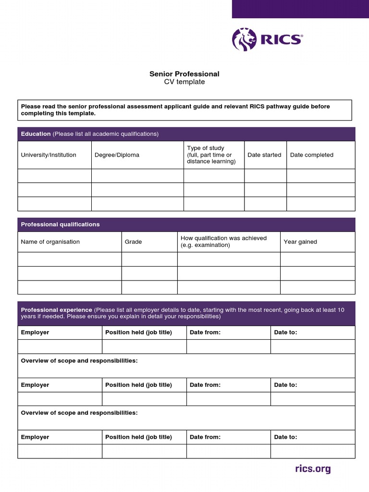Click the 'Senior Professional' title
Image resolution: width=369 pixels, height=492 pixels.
click(x=184, y=74)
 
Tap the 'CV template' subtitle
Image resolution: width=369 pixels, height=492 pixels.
click(x=184, y=82)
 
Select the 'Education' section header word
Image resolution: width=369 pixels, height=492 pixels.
click(x=36, y=134)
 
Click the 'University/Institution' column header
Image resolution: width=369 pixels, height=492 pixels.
click(x=49, y=155)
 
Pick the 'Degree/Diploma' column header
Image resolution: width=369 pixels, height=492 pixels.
click(x=117, y=155)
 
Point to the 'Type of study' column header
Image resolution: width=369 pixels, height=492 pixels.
click(x=206, y=148)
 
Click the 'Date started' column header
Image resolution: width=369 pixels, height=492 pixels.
click(x=264, y=155)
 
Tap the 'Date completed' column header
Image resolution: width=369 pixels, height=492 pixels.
click(x=311, y=155)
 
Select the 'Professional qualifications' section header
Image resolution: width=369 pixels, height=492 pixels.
click(x=61, y=224)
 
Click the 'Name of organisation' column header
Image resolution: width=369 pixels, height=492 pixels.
click(x=50, y=242)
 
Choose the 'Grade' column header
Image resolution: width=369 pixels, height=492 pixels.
click(x=133, y=242)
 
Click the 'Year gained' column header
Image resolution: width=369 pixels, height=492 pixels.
click(x=300, y=242)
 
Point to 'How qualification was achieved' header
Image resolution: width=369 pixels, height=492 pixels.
click(x=223, y=238)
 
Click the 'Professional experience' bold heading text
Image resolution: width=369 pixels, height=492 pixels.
click(x=56, y=310)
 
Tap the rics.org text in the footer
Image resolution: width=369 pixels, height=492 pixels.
click(x=313, y=469)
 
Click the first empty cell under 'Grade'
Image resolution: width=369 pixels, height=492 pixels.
click(x=149, y=259)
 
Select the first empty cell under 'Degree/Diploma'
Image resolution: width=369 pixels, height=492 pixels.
click(x=137, y=176)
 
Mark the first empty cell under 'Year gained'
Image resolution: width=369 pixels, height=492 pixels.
click(x=318, y=259)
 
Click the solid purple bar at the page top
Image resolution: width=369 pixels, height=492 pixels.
click(x=300, y=9)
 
